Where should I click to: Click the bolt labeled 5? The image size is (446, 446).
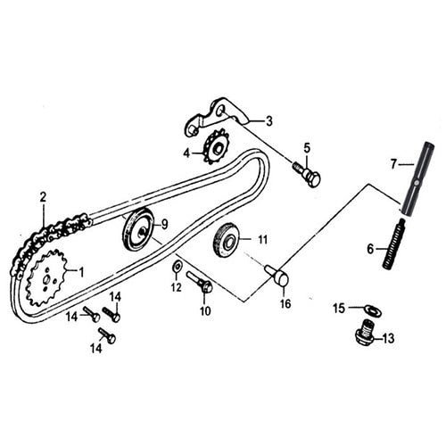coord(306,173)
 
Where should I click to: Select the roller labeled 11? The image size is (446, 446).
coord(227,239)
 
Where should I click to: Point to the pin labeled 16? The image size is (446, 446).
coord(277,276)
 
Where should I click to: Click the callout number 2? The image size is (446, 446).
coord(42,195)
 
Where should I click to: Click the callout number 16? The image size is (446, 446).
coord(285,303)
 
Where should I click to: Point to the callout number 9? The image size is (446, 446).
coord(163,223)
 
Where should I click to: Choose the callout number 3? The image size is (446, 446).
coord(268,120)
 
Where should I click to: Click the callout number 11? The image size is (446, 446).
coord(262,239)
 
